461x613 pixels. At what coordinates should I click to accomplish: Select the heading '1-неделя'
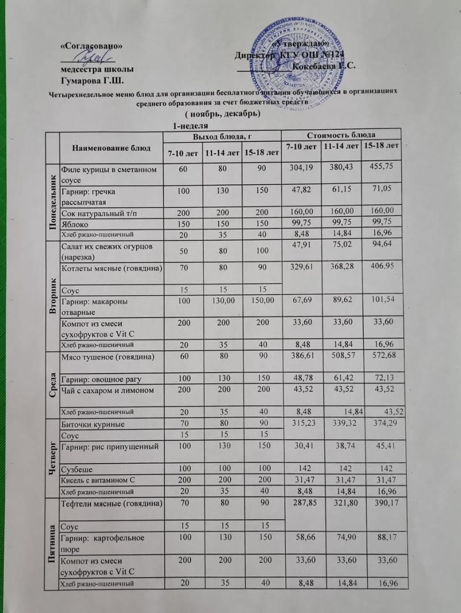point(190,126)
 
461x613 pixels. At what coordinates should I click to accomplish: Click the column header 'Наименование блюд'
point(111,148)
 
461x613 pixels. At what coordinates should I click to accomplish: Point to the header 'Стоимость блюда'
point(341,135)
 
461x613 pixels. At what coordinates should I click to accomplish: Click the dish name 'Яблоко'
point(74,224)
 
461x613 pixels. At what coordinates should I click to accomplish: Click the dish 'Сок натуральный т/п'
point(99,213)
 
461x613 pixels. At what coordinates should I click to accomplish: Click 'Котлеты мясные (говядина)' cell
point(111,268)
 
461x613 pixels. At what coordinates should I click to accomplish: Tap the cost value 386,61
point(300,356)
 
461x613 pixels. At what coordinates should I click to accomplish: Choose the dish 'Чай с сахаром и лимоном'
point(107,390)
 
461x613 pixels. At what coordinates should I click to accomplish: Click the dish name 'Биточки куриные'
point(92,424)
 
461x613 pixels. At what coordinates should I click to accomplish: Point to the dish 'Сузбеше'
point(77,469)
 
